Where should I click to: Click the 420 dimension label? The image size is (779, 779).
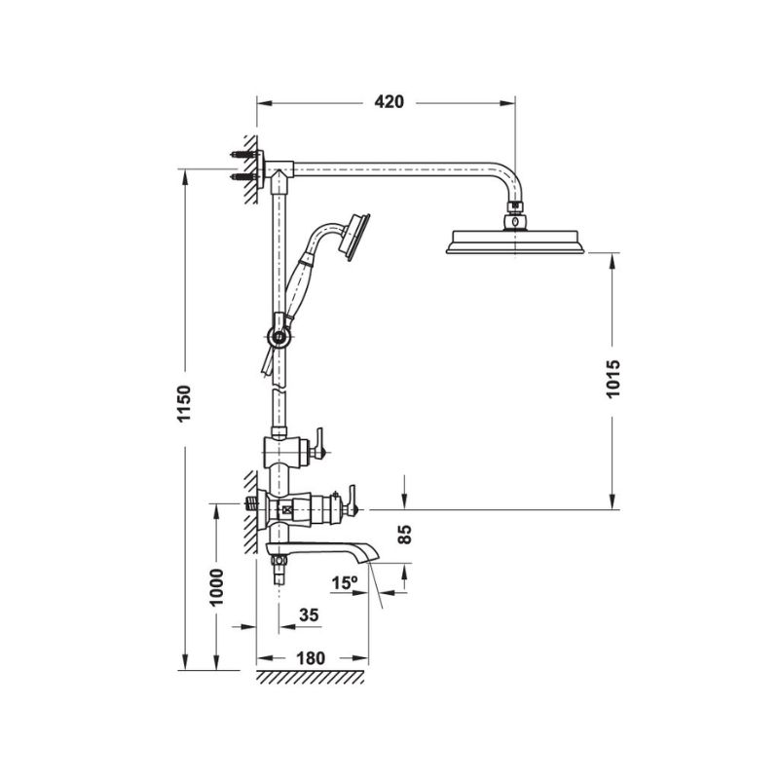click(387, 101)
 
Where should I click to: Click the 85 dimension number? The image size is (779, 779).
click(406, 534)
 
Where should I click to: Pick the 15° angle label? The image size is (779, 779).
click(344, 582)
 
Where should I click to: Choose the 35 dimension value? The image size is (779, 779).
click(310, 614)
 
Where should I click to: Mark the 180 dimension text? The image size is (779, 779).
click(309, 657)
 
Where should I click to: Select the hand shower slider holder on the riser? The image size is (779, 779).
click(280, 337)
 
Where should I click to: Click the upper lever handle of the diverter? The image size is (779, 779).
click(317, 447)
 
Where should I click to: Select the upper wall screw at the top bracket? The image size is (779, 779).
click(241, 155)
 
